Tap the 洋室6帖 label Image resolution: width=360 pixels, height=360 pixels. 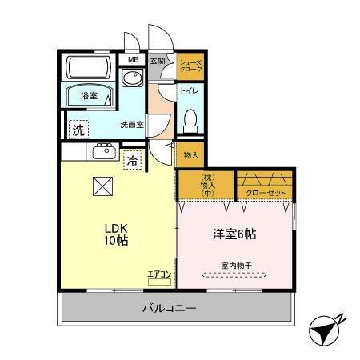[234, 234]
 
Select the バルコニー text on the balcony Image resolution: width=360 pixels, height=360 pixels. [170, 307]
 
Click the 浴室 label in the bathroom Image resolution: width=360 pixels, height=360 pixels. [88, 96]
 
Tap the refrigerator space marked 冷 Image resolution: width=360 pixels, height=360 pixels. [131, 160]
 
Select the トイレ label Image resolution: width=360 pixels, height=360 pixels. [190, 90]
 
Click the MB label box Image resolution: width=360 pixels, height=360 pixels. [131, 58]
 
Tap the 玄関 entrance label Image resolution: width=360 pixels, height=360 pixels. [158, 60]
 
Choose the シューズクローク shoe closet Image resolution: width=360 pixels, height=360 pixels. [190, 67]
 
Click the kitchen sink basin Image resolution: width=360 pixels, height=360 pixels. [103, 152]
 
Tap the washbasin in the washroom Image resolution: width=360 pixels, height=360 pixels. [131, 81]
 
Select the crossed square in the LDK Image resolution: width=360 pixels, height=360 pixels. [103, 186]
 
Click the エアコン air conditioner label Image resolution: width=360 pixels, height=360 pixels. [159, 274]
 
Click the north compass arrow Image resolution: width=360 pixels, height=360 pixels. [326, 329]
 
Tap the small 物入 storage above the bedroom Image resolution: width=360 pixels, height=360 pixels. [190, 155]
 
